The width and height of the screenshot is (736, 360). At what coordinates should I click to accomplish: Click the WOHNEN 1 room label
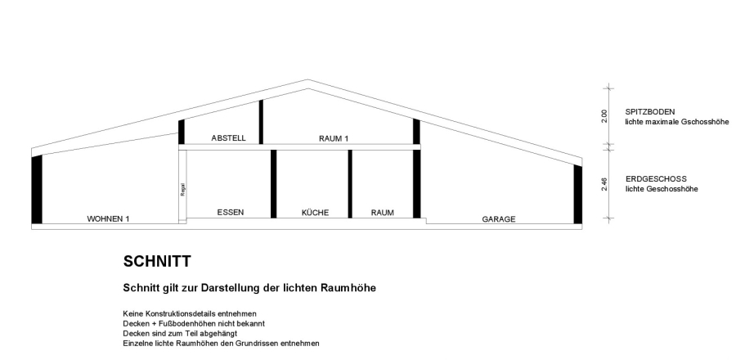(109, 219)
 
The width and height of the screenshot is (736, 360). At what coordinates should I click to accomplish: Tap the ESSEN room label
(230, 213)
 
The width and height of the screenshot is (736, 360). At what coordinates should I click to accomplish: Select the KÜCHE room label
(315, 213)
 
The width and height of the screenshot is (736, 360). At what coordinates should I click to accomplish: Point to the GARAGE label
(498, 219)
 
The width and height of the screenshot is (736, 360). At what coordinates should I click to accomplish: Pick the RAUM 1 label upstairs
(334, 139)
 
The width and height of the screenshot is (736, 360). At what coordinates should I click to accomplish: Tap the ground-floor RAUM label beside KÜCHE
(382, 213)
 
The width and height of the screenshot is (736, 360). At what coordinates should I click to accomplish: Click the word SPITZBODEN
(650, 111)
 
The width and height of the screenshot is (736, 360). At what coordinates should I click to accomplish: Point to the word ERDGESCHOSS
(655, 178)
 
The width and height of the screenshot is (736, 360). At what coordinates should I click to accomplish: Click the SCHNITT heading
(157, 262)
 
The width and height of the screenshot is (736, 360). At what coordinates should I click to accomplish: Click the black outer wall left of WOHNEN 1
(36, 189)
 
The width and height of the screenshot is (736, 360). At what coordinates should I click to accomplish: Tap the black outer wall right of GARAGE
(577, 194)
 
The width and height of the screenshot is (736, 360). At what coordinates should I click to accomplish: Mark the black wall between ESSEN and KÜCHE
(273, 184)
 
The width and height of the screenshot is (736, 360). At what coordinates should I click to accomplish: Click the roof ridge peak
(307, 80)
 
